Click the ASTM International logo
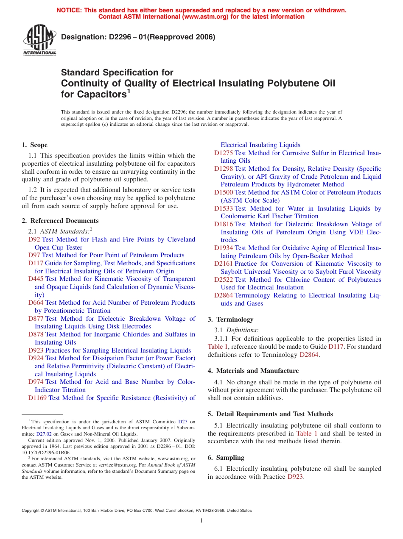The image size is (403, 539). pos(39,41)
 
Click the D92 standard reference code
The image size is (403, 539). pos(34,239)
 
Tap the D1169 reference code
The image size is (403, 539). pos(38,398)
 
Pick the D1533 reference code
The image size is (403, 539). pos(224,208)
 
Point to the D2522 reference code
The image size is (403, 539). pos(224,280)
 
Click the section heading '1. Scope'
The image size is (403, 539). pos(35,145)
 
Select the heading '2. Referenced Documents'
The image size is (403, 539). pos(60,221)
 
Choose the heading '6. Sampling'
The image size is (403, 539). pos(226,458)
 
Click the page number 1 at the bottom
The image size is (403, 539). pos(201,521)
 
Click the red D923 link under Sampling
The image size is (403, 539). pos(295,477)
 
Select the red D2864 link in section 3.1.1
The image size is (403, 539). pos(309,355)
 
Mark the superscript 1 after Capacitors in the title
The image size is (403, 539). pos(129,91)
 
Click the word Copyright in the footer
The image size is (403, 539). pos(32,511)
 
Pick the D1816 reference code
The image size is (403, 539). pos(224,224)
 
